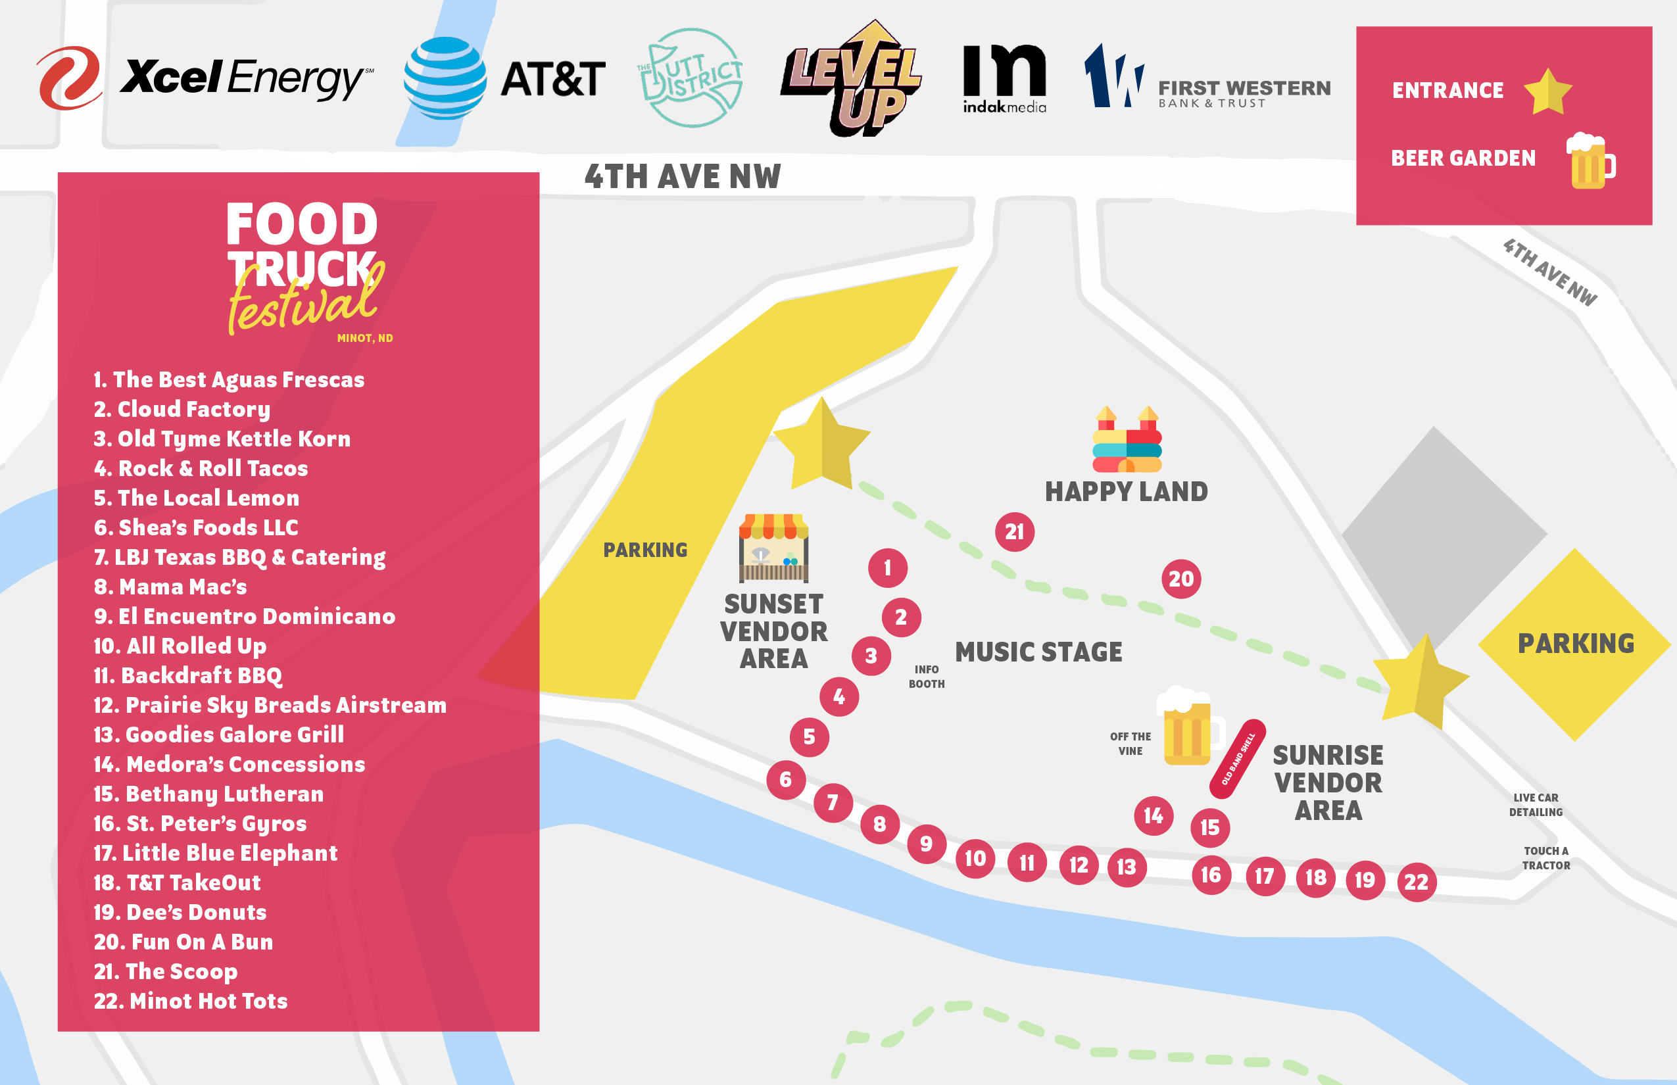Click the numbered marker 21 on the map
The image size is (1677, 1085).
(1014, 532)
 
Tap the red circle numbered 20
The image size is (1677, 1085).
(1181, 579)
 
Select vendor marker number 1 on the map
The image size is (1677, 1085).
(887, 568)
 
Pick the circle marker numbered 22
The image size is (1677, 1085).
(1417, 882)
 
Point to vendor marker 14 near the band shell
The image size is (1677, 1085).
(1153, 816)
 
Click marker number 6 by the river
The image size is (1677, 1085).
(786, 780)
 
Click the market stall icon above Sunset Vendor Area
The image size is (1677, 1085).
(773, 548)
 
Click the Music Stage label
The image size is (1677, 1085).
(1038, 652)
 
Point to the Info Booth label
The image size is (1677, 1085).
(926, 677)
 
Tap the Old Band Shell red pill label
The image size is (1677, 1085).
(1236, 759)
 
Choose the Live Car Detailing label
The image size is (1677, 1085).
(1536, 805)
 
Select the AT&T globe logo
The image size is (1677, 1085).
(445, 78)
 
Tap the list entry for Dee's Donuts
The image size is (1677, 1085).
(180, 913)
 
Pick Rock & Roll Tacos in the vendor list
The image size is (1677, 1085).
(201, 468)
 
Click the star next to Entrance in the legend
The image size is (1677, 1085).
(1547, 91)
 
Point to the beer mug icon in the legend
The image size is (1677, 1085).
(1590, 160)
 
